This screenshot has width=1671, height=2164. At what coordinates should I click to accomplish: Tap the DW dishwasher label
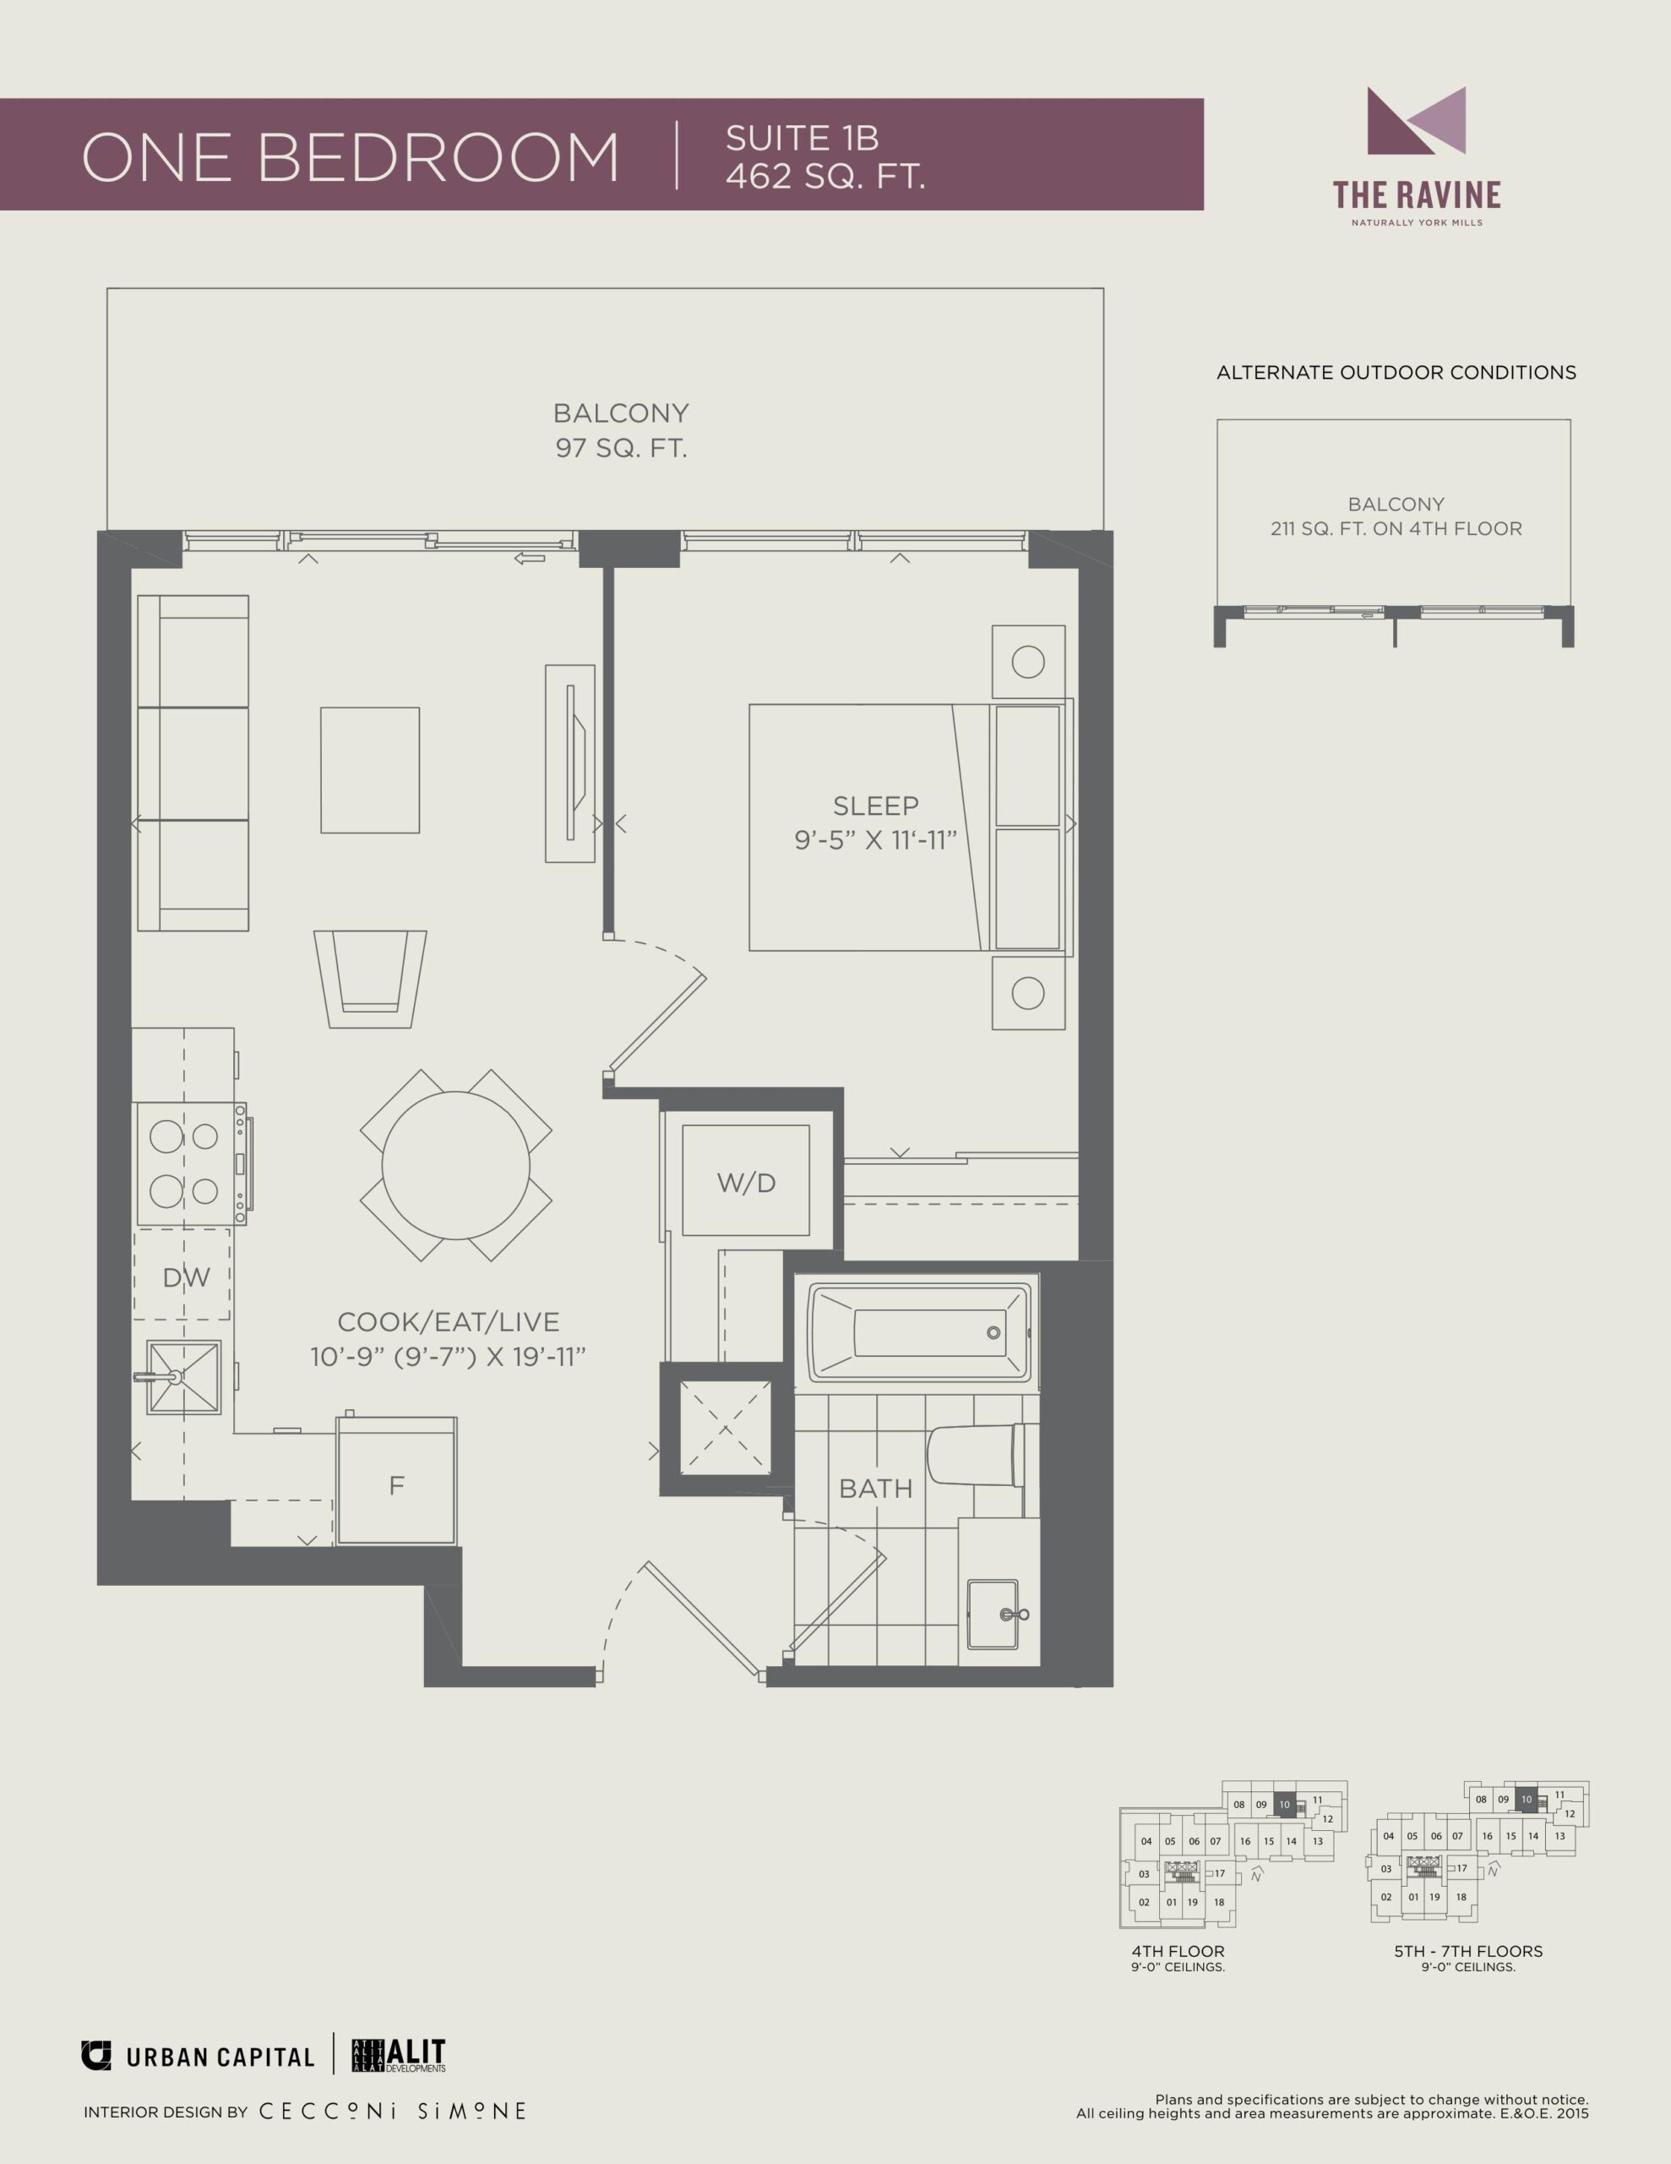coord(186,1278)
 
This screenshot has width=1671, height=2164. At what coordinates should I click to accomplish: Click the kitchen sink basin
coord(183,1377)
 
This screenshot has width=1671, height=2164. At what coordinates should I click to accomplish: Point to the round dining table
coord(455,1165)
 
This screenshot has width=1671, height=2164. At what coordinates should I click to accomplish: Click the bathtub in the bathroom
coord(919,1333)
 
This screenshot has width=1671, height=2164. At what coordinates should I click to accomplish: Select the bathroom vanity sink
coord(993,1615)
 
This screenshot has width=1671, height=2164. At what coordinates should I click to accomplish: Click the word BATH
coord(875,1489)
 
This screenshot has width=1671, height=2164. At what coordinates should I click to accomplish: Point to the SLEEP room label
coord(875,806)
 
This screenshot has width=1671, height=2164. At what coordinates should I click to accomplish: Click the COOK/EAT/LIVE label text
coord(448,1322)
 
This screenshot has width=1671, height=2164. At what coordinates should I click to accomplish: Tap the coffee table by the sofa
coord(369,770)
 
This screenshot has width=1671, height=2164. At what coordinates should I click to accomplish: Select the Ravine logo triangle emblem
coord(1417,121)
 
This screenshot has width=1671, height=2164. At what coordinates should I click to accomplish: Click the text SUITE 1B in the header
coord(803,138)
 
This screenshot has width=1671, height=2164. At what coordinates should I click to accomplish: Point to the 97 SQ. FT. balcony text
coord(621,448)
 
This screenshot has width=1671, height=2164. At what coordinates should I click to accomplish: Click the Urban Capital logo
coord(197,2056)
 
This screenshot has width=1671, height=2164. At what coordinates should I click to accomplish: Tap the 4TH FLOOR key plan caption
coord(1178,1951)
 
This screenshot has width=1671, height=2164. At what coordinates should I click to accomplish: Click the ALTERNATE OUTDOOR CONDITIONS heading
coord(1396,373)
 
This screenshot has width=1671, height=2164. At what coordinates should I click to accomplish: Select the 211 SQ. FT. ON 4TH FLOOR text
coord(1396,528)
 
